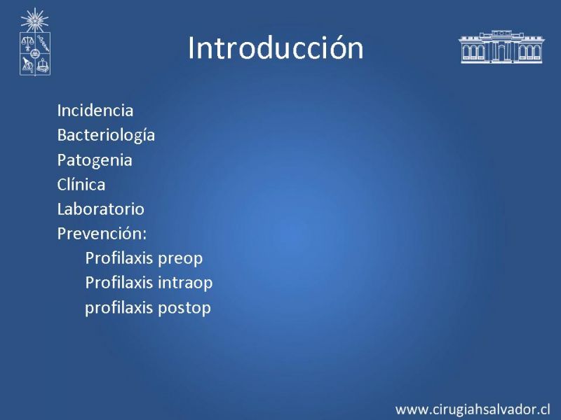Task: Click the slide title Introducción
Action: click(x=276, y=48)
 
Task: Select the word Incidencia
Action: click(x=95, y=111)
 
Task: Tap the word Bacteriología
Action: click(x=106, y=136)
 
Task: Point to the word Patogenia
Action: click(x=95, y=161)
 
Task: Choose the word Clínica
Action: click(x=81, y=184)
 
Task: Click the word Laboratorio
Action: click(x=100, y=209)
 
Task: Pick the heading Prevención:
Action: click(x=102, y=234)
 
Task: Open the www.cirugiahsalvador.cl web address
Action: click(x=473, y=409)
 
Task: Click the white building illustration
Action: click(x=501, y=47)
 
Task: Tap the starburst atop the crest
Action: click(x=34, y=20)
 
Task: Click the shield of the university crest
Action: click(x=35, y=54)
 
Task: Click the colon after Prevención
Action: click(x=144, y=235)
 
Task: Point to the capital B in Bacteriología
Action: click(x=62, y=135)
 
